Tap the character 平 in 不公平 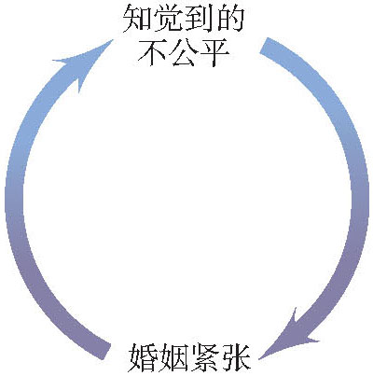214,52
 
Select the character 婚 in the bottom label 143,357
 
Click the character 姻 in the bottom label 173,357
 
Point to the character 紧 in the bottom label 203,357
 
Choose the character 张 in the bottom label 235,357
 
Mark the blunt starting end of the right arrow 263,45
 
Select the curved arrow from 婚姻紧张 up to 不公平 14,199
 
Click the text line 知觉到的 183,20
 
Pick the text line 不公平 184,52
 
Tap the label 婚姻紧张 189,357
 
